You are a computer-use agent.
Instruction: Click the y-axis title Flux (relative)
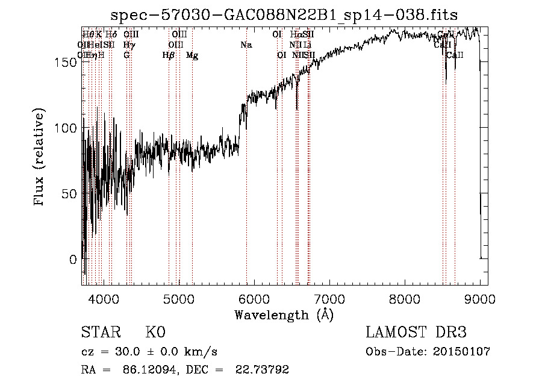[40, 157]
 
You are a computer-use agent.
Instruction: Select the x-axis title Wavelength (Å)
[284, 314]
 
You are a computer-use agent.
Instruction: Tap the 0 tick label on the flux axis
[72, 260]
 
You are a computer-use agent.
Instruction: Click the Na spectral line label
[246, 45]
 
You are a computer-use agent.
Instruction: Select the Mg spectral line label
[192, 55]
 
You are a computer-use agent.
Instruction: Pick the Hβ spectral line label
[169, 55]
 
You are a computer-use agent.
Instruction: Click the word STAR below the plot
[101, 333]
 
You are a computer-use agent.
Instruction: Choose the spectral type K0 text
[155, 333]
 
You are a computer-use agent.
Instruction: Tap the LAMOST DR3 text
[416, 333]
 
